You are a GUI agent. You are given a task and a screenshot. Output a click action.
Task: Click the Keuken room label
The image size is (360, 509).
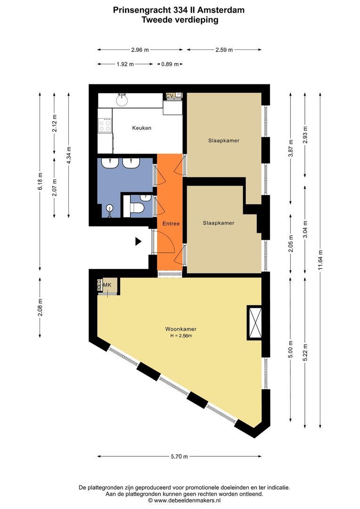[141, 128]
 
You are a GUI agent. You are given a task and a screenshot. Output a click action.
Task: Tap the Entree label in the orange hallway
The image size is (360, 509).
[171, 224]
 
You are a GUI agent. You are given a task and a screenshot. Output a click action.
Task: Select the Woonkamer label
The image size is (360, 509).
[181, 329]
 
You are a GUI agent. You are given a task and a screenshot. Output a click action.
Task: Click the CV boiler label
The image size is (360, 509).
[170, 96]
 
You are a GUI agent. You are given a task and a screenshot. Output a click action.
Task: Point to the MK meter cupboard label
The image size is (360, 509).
[107, 285]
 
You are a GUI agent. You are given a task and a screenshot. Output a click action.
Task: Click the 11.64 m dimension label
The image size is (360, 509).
[320, 260]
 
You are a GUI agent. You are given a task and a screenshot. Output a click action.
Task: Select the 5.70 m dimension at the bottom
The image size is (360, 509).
[179, 456]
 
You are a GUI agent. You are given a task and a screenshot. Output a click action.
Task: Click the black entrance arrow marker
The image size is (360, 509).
[138, 241]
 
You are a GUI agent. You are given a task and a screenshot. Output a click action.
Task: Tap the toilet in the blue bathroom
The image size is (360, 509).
[136, 207]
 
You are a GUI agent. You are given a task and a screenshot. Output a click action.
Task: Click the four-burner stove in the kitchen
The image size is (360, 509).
[105, 125]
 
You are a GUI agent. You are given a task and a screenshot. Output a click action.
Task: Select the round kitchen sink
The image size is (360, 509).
[122, 101]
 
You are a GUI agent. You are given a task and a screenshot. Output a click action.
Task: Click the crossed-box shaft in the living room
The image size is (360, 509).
[254, 323]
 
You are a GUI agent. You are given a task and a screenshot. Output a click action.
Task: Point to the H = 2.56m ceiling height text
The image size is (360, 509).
[181, 336]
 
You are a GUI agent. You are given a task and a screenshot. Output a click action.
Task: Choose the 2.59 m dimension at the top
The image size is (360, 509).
[224, 49]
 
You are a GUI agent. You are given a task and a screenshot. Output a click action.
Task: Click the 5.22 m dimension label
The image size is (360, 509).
[305, 353]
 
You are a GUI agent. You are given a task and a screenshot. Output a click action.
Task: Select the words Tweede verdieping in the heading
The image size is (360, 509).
[180, 20]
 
